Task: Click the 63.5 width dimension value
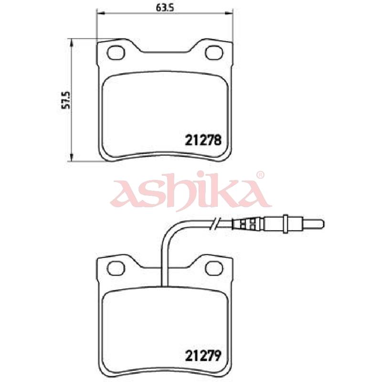coord(164,8)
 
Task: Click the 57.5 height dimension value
coord(66,100)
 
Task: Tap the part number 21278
coord(203,140)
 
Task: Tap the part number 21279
coord(203,356)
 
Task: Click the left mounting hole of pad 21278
coord(116,53)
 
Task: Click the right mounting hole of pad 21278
coord(214,53)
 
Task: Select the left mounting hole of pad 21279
coord(116,268)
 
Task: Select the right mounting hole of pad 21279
coord(214,268)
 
